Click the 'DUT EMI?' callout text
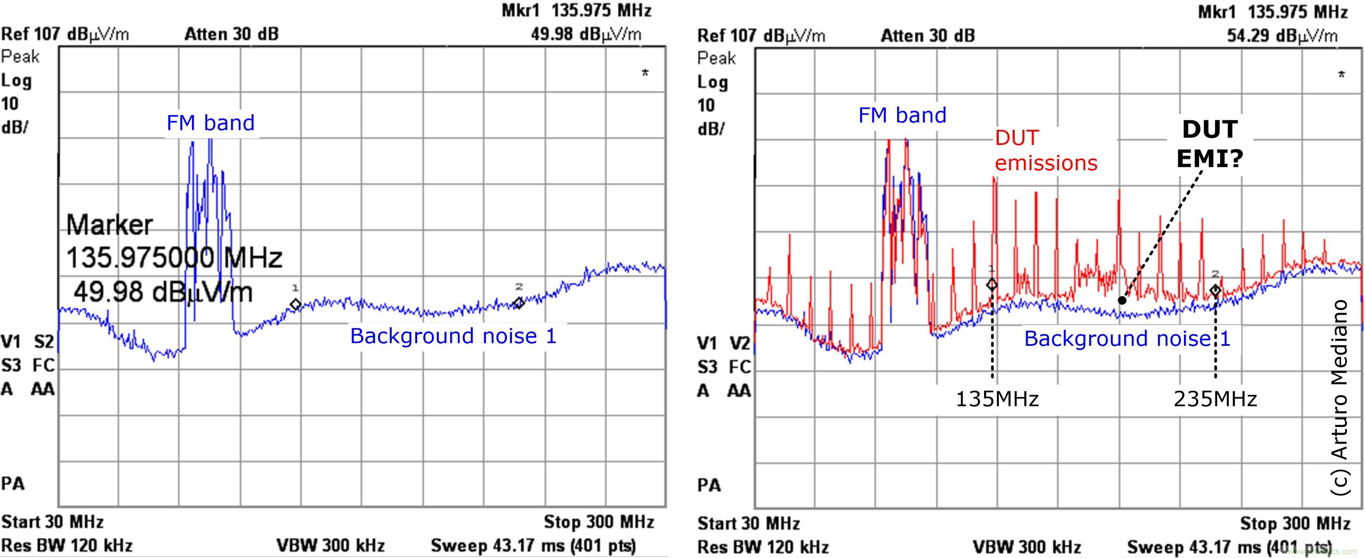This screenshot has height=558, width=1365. tap(1210, 144)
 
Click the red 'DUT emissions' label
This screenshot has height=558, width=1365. tap(1045, 150)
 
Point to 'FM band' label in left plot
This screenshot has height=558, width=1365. tap(210, 123)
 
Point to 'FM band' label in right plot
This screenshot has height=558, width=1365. tap(902, 116)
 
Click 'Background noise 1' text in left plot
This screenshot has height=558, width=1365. tap(453, 337)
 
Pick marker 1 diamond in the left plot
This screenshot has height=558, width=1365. tap(296, 304)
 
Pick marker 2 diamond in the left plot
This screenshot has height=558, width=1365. tap(519, 303)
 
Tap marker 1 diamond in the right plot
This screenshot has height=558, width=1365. tap(992, 284)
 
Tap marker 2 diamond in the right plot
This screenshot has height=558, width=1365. tap(1215, 290)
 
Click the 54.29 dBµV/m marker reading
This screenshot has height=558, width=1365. tap(1282, 36)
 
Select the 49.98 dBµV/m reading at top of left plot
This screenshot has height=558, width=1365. tap(585, 34)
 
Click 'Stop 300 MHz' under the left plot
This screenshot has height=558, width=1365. tap(598, 522)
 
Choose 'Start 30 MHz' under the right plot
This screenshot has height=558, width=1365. tap(748, 524)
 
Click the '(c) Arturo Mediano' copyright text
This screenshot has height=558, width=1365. tap(1339, 397)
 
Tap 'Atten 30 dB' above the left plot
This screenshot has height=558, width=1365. tap(231, 34)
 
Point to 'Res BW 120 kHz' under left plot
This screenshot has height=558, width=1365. tap(67, 545)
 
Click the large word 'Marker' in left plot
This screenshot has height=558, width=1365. tap(109, 225)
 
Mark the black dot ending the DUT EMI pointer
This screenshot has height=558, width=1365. tap(1122, 300)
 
